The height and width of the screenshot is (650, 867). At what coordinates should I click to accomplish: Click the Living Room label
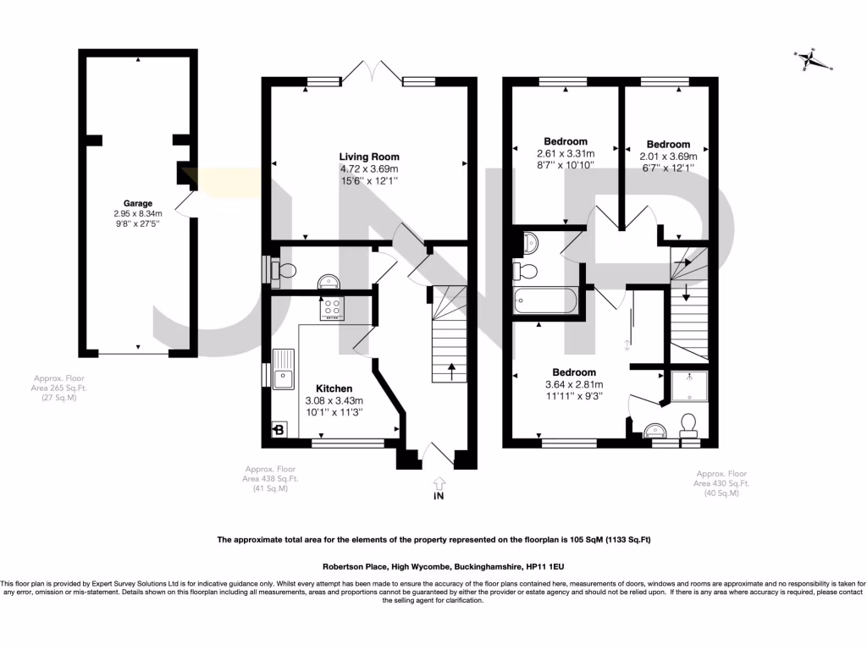coord(369,157)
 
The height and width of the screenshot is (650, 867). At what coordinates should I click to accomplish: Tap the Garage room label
coord(138,203)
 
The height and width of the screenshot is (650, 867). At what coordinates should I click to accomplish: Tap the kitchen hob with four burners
coord(331,309)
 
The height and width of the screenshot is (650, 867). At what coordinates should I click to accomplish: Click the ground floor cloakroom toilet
coord(285,270)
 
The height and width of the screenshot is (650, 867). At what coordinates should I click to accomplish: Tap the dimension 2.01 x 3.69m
coord(668,157)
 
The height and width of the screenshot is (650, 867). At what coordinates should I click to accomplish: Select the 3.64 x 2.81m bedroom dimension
coord(574,384)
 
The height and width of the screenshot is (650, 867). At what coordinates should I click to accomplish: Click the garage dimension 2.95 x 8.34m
coord(138,214)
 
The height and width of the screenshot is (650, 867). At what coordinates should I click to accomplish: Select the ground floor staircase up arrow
coord(450,367)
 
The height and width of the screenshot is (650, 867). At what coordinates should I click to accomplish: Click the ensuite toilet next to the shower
coord(688,422)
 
